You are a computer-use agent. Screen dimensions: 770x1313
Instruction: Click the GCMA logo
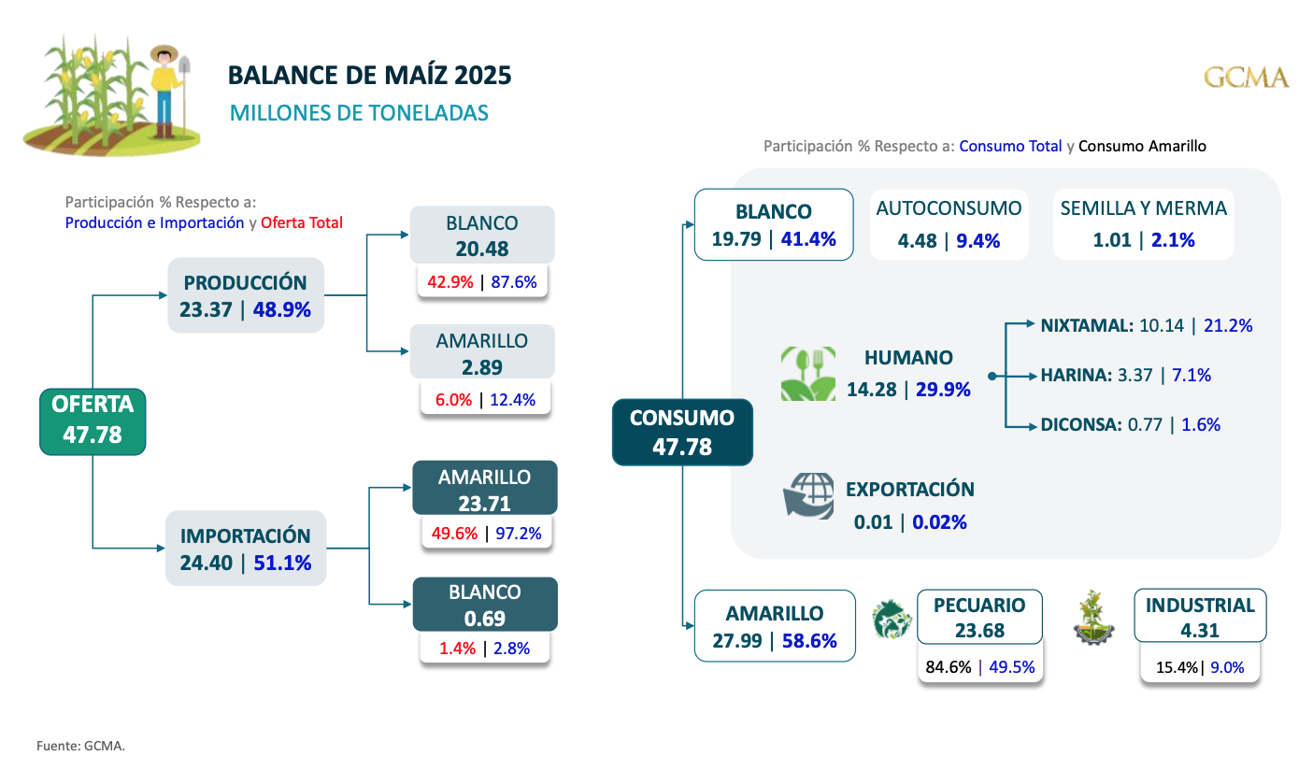[1246, 78]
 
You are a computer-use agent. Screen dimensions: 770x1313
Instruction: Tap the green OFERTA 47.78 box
[93, 421]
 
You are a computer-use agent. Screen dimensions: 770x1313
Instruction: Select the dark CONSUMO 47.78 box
[682, 432]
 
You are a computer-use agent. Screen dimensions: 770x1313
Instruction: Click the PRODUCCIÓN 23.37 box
[246, 295]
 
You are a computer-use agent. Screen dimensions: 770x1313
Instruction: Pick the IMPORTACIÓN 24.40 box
[246, 549]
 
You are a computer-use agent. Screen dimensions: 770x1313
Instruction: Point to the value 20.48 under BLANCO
[482, 249]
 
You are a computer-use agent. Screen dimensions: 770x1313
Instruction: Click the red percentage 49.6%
[455, 534]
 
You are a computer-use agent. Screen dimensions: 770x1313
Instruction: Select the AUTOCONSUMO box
[949, 224]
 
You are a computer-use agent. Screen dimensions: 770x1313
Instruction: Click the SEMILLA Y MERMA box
[1143, 224]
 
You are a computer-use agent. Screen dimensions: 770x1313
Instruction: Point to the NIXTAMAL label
[1086, 326]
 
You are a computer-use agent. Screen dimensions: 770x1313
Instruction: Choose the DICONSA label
[1080, 424]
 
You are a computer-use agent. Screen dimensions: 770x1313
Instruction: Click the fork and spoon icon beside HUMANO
[808, 374]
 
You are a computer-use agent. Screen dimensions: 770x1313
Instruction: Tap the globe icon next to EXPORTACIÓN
[808, 495]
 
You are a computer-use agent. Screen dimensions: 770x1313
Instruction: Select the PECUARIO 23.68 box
[979, 617]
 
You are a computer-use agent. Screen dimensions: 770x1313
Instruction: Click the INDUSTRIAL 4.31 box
[1200, 617]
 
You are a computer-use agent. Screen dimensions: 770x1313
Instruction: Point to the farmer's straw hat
[164, 53]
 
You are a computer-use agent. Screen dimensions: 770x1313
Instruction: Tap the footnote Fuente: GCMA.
[81, 746]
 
